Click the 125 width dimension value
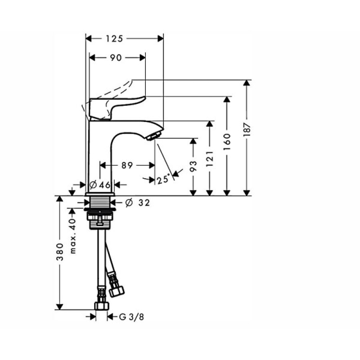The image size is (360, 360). point(114,39)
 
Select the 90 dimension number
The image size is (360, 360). point(116,58)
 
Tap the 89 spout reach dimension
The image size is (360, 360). point(127,165)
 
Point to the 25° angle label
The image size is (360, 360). point(163,179)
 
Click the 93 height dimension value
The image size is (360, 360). point(193,166)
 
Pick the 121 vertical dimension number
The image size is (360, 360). point(210,159)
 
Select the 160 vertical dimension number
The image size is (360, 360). point(227,142)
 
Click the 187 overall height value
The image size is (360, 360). point(247,130)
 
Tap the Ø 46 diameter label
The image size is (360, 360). point(100,184)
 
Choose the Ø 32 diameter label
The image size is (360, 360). point(138,202)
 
